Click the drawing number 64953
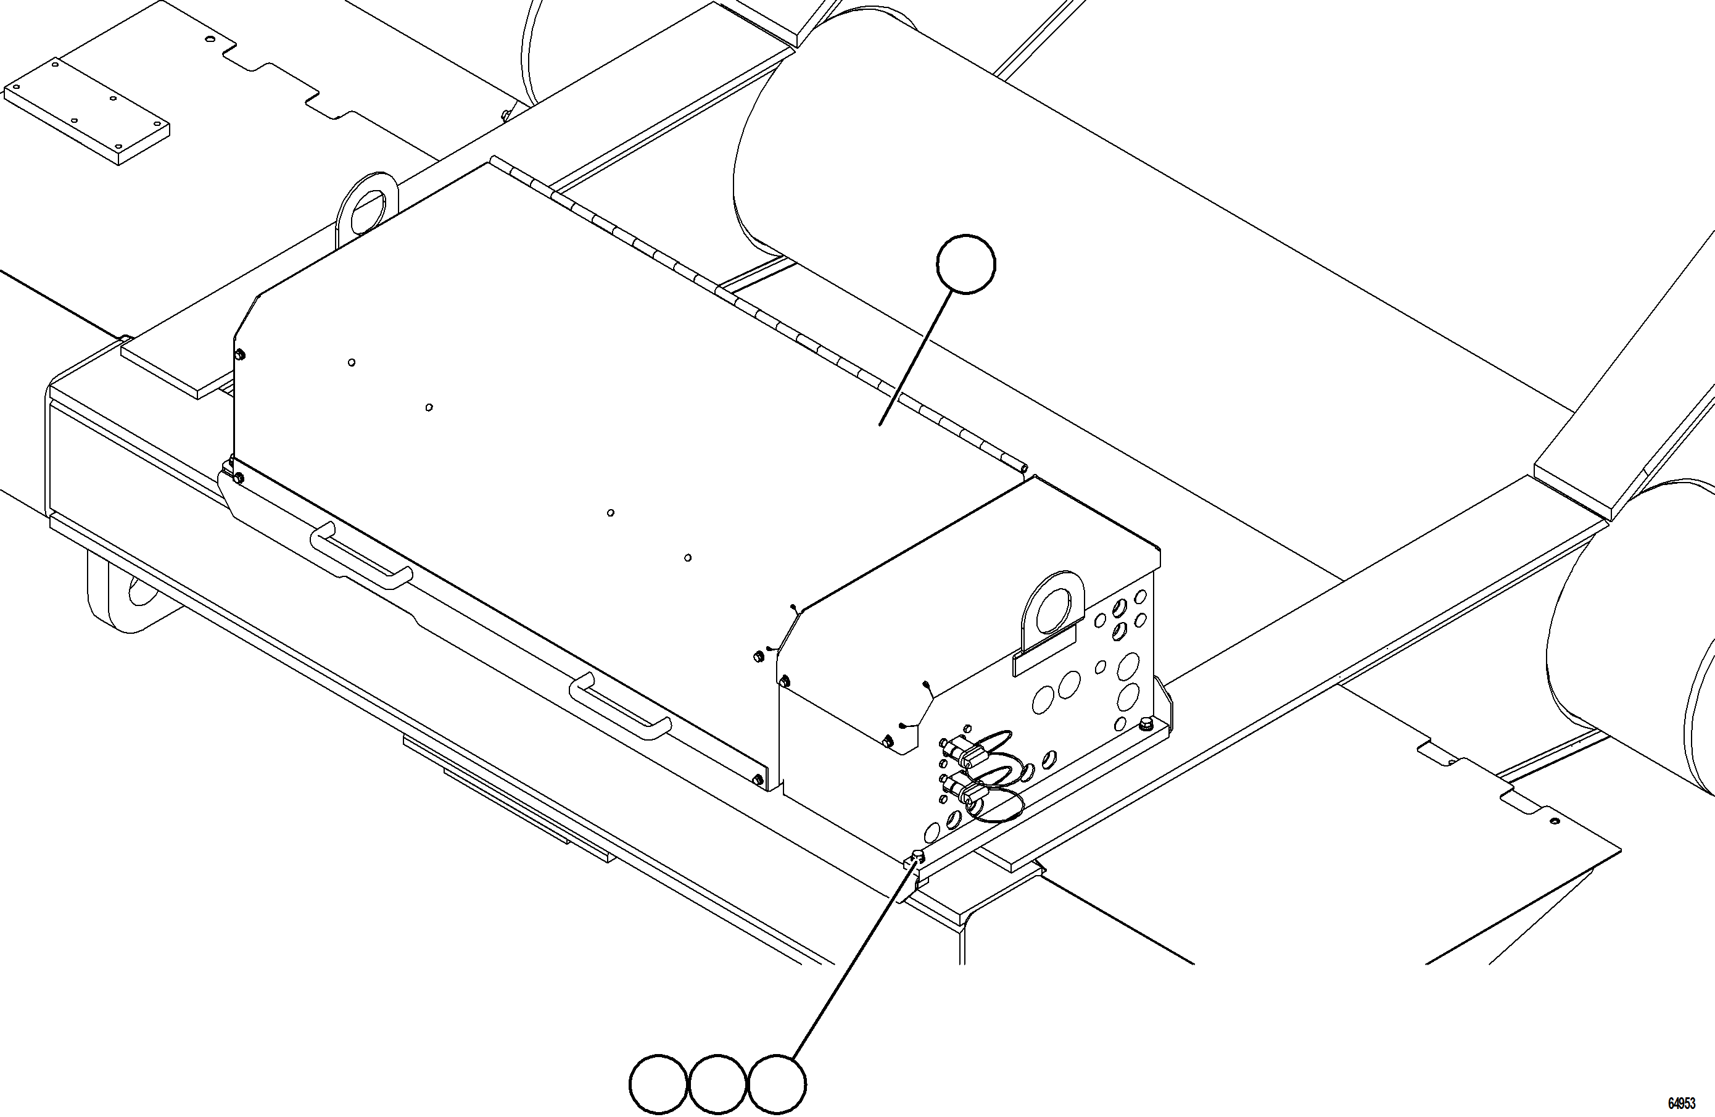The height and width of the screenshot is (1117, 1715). point(1682,1103)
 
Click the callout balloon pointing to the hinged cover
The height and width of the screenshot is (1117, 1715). point(965,264)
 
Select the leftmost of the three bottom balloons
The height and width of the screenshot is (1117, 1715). point(658,1084)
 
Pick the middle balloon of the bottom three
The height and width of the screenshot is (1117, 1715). point(717,1084)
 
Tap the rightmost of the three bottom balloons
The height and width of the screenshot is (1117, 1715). point(777,1084)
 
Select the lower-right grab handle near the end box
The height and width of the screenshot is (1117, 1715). point(621,707)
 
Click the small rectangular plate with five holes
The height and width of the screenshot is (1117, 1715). point(86,110)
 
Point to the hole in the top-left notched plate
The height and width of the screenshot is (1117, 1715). point(210,39)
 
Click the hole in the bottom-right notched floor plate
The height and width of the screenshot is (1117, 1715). point(1555,821)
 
